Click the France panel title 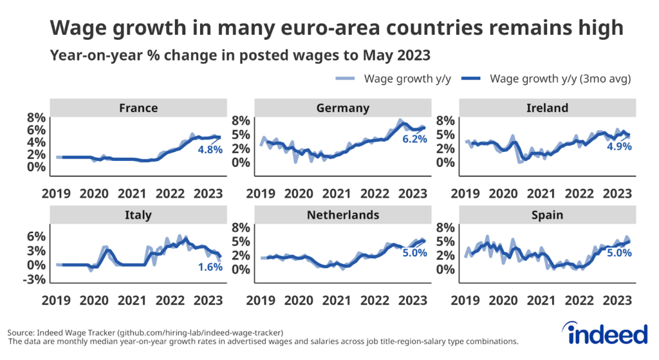138,108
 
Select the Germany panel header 342,108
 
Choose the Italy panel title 138,215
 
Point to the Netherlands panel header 342,215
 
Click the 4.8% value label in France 210,149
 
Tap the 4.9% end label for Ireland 618,146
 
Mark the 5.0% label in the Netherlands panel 414,253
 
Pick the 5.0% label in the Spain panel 618,253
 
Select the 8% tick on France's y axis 35,117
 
